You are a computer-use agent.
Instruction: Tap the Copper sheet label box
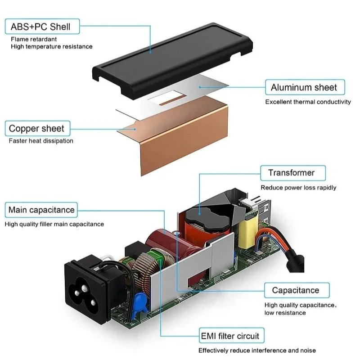tap(36, 128)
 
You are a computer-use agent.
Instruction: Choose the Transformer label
tap(291, 173)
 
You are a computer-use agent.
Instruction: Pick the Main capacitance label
tap(41, 210)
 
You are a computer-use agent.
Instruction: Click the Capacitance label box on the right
tap(295, 290)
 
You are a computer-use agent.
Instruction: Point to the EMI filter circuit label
tap(229, 336)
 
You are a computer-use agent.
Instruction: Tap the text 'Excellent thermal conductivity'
tap(308, 102)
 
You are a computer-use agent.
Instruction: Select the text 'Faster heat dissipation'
tap(41, 141)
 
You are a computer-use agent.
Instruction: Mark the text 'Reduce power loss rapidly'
tap(298, 188)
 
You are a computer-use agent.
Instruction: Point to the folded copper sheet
tap(180, 139)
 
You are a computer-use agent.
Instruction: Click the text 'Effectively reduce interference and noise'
tap(257, 350)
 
